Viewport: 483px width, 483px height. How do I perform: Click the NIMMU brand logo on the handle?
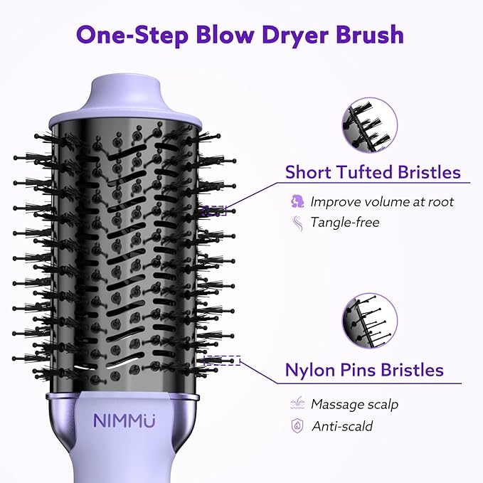click(x=124, y=420)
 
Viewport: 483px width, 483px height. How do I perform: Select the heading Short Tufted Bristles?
click(x=373, y=172)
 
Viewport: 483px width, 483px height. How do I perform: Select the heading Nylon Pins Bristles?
click(x=364, y=370)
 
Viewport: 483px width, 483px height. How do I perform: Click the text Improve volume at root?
click(x=382, y=201)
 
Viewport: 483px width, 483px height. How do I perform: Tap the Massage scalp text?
click(x=354, y=404)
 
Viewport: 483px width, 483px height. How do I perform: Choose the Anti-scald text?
click(x=342, y=426)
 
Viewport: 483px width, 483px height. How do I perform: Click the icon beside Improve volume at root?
click(x=297, y=201)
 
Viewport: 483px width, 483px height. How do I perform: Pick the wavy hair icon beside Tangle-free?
click(x=297, y=222)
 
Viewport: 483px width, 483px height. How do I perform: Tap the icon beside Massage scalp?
click(x=297, y=404)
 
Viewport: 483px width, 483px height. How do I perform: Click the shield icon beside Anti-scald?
click(x=297, y=426)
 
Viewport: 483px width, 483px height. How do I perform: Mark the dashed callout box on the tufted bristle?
click(x=215, y=211)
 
